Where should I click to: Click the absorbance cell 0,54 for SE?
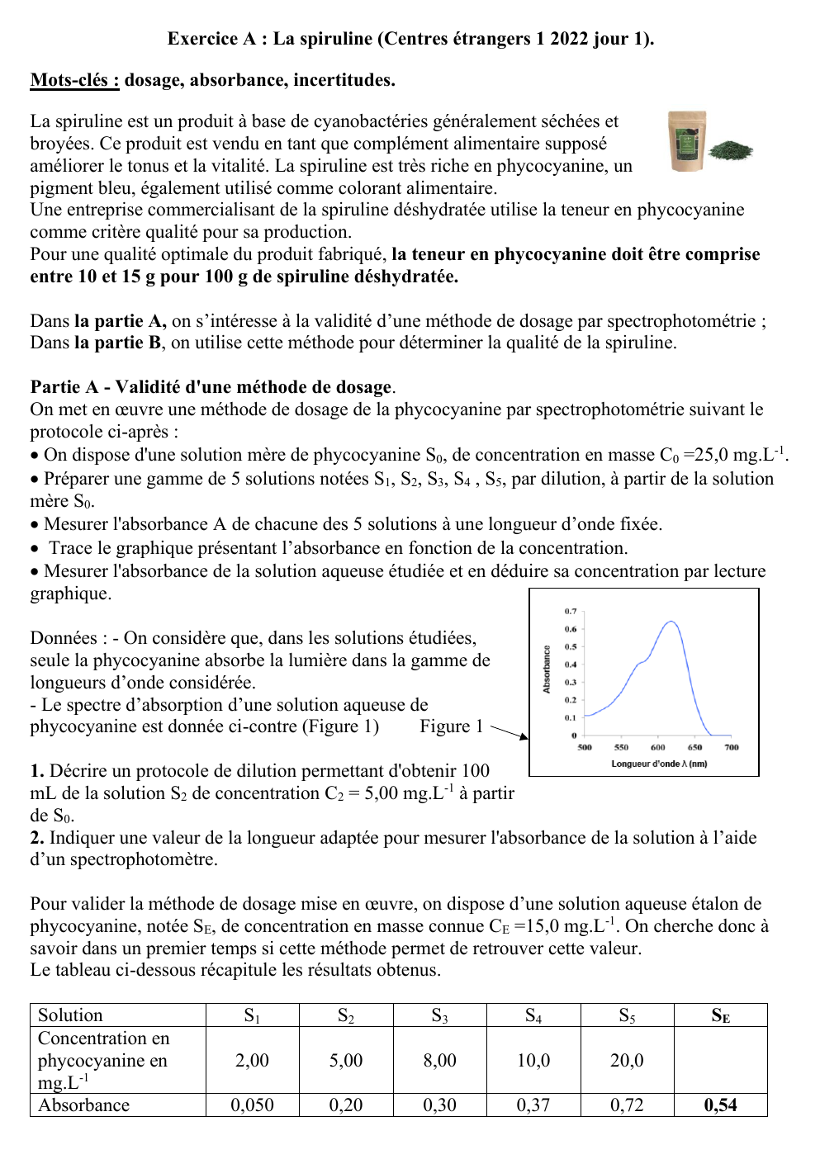(x=720, y=1105)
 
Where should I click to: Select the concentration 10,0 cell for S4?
(x=533, y=1061)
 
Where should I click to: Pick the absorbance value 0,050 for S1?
(x=252, y=1105)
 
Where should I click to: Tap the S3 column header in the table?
(x=439, y=1015)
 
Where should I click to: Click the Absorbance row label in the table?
(x=84, y=1105)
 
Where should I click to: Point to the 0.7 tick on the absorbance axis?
(x=571, y=612)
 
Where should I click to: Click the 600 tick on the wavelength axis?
(x=657, y=747)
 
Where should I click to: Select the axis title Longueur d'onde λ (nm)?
(x=659, y=764)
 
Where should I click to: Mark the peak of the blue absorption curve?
(x=672, y=622)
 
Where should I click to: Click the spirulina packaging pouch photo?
(x=687, y=141)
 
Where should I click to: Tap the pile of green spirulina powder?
(x=732, y=150)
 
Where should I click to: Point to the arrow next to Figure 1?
(x=510, y=732)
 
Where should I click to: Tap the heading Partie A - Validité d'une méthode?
(x=211, y=387)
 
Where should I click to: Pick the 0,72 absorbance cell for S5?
(x=627, y=1105)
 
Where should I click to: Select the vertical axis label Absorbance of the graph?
(x=547, y=669)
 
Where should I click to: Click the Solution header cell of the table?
(x=71, y=1015)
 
